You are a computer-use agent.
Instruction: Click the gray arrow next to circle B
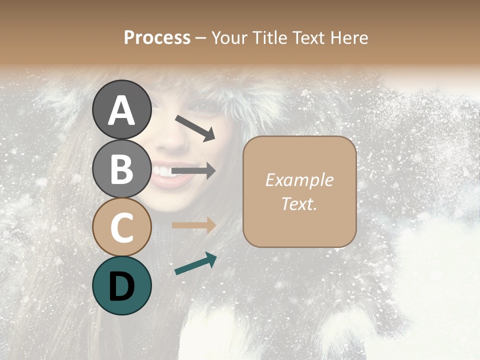(193, 171)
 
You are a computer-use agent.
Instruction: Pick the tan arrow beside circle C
(193, 225)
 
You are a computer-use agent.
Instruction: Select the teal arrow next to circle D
(195, 264)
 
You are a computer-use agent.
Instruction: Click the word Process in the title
(157, 38)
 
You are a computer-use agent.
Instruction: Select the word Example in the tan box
(299, 180)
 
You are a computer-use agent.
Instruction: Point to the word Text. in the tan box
(299, 203)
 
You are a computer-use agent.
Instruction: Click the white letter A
(121, 110)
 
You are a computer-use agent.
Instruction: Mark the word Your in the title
(227, 38)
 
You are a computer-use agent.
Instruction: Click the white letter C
(121, 227)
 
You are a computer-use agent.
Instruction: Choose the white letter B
(121, 169)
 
